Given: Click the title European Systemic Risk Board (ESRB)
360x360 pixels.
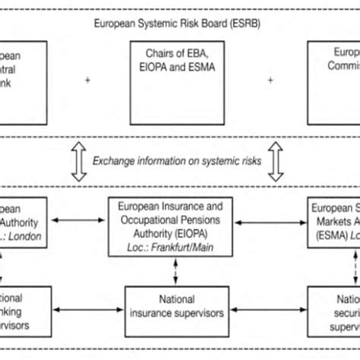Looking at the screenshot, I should [179, 23].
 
